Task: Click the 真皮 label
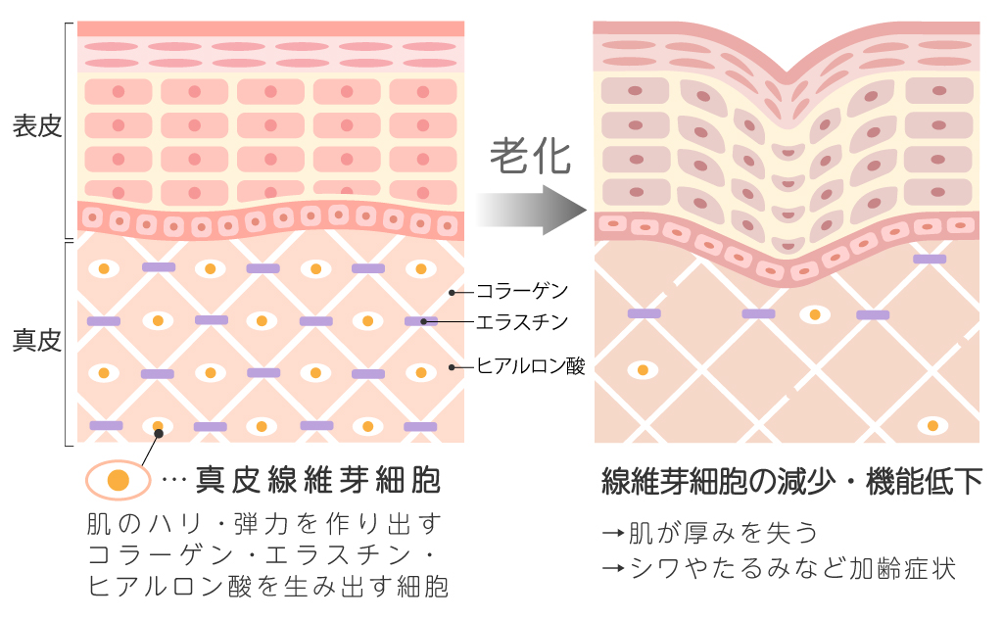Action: tap(37, 341)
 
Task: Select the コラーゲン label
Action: tap(521, 291)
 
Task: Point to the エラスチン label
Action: tap(521, 321)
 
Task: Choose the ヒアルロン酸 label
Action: tap(530, 367)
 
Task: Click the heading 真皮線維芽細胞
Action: tap(318, 479)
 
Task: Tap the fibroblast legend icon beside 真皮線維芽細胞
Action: tap(118, 480)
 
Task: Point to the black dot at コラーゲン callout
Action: tap(452, 291)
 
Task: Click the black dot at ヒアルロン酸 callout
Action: tap(452, 367)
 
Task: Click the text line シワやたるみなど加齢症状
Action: tap(778, 568)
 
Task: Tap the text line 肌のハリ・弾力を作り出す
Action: tap(264, 521)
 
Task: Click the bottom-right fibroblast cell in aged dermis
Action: tap(931, 426)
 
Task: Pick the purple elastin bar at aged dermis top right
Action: tap(930, 259)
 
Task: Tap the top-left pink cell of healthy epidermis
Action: tap(119, 92)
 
